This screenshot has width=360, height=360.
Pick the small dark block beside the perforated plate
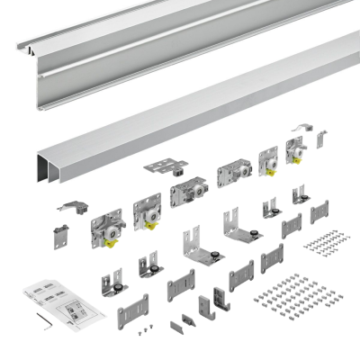coord(180,164)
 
